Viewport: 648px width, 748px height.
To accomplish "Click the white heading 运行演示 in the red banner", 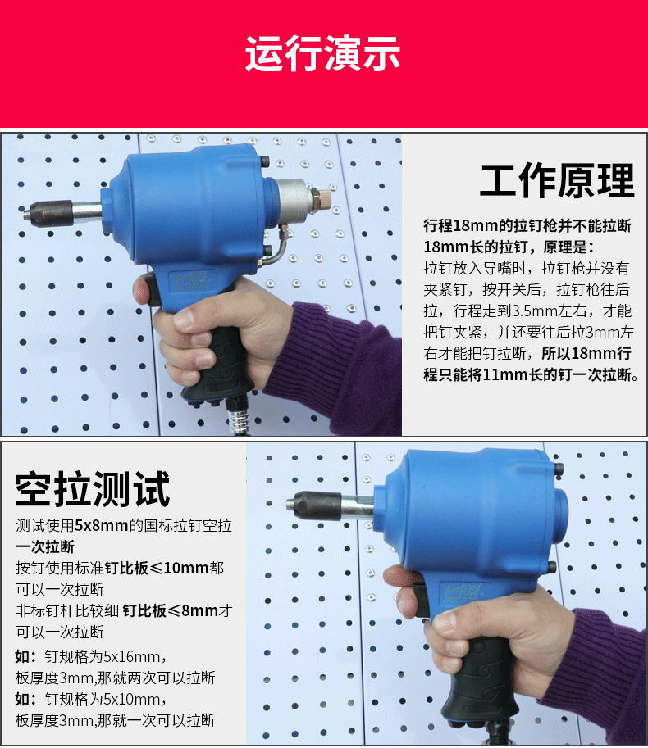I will click(x=323, y=55).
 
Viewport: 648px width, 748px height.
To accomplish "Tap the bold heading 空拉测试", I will click(x=93, y=489).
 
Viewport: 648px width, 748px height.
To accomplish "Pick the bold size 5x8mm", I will click(x=102, y=526).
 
